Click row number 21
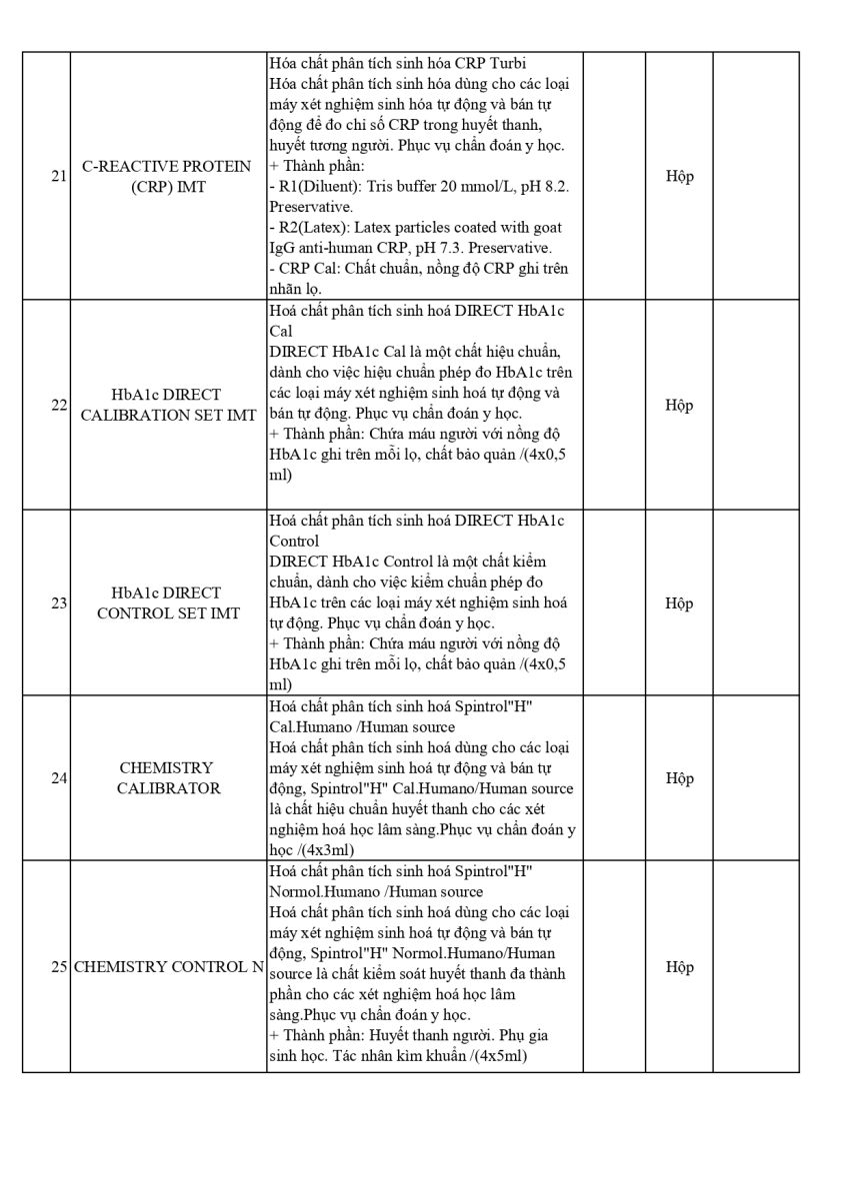(x=59, y=177)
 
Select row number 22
(x=59, y=405)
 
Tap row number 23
(x=59, y=603)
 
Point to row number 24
(x=59, y=778)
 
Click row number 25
(x=59, y=967)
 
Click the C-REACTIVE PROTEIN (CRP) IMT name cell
(x=168, y=177)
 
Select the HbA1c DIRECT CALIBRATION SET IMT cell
(x=168, y=405)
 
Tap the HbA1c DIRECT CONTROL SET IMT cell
(x=168, y=603)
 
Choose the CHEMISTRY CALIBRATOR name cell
(x=168, y=778)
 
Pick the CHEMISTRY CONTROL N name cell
(x=169, y=967)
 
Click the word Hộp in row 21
(x=679, y=177)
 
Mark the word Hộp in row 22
(x=679, y=405)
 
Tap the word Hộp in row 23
(x=679, y=603)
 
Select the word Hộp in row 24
(x=679, y=778)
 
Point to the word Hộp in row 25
(x=679, y=967)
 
